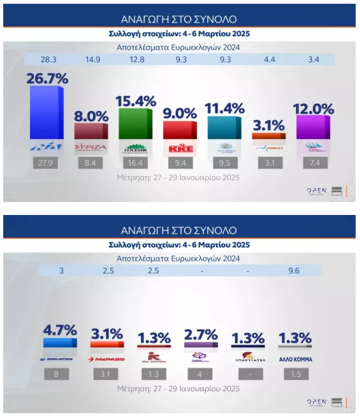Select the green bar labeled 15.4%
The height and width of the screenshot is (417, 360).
click(x=136, y=124)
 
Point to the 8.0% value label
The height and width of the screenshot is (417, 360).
click(x=91, y=115)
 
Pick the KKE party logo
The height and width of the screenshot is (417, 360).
click(x=181, y=147)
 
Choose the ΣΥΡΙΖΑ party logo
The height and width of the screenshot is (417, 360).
click(x=91, y=147)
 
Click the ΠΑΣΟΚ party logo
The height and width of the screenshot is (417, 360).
click(x=136, y=148)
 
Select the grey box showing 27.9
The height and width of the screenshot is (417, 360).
click(x=46, y=163)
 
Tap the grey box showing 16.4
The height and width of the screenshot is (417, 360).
click(x=136, y=163)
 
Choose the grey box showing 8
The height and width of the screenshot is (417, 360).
click(x=60, y=374)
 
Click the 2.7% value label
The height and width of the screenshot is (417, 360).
click(x=200, y=334)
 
